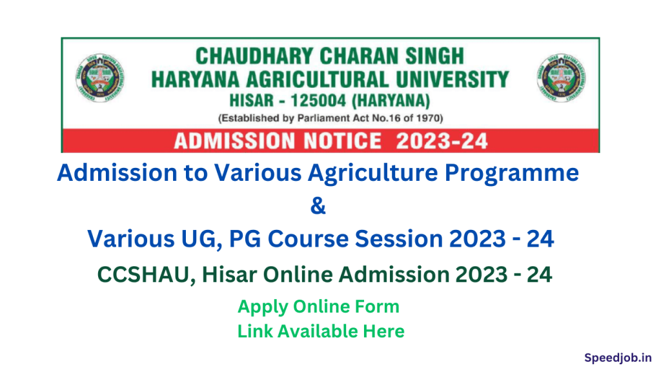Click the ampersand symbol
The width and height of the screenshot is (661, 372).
coord(318,207)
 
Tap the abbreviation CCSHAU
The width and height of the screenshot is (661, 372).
coord(145,274)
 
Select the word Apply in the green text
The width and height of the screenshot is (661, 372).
coord(263,307)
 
